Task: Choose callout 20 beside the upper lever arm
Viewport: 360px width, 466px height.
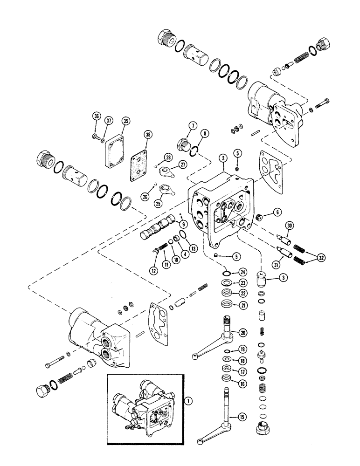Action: (242, 333)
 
